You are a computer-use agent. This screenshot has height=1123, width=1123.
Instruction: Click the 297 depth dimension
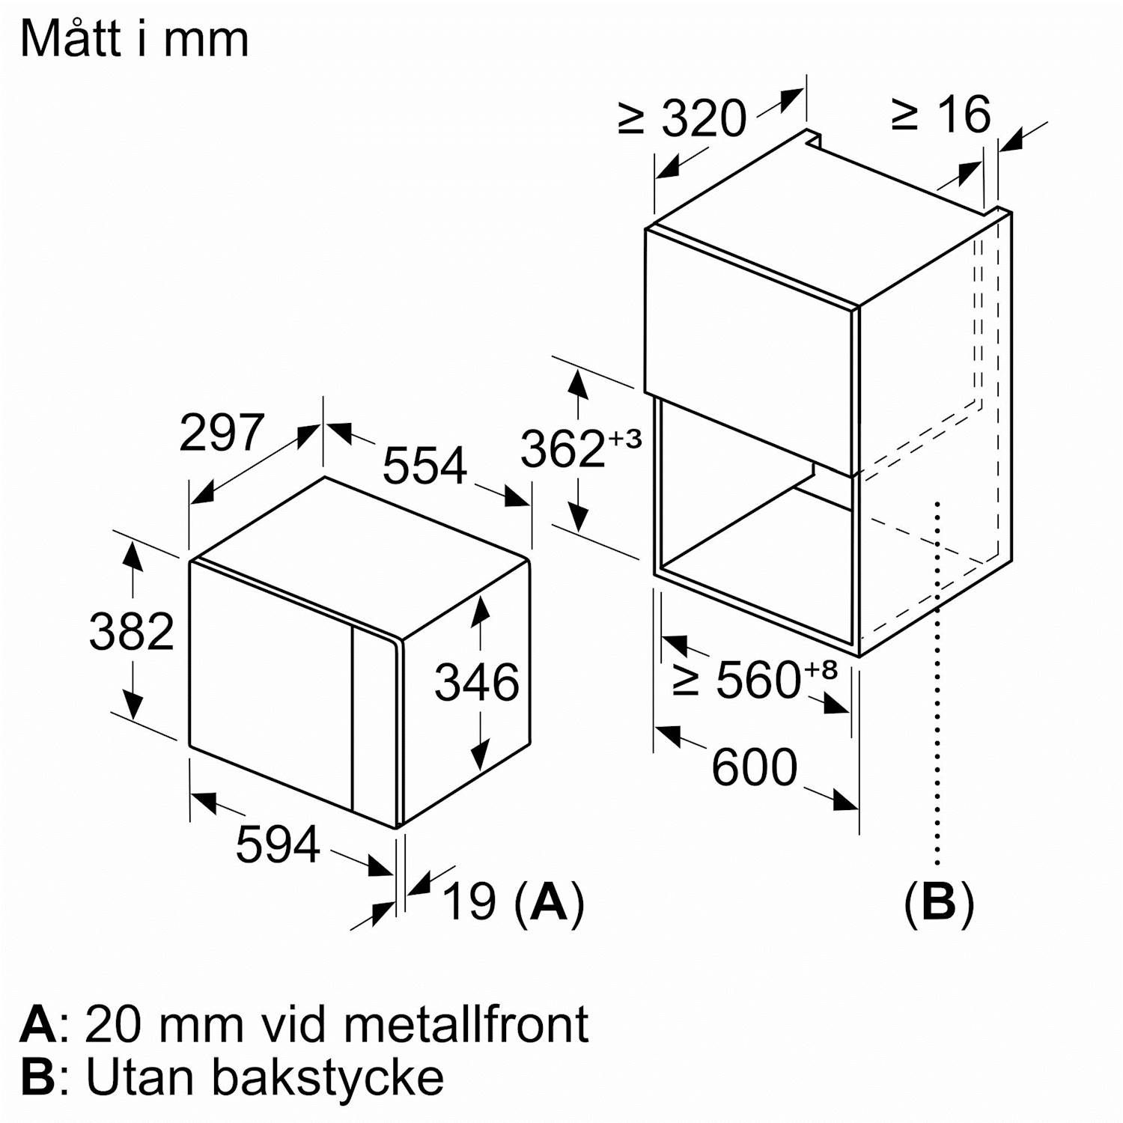click(222, 433)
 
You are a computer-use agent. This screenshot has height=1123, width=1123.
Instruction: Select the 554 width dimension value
click(424, 465)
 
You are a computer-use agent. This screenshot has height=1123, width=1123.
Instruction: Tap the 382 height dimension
click(131, 631)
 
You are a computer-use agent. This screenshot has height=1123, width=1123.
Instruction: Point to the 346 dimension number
click(477, 682)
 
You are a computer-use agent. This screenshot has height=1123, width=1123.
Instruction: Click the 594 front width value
click(278, 844)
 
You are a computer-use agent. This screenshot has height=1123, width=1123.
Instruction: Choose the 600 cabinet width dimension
click(754, 767)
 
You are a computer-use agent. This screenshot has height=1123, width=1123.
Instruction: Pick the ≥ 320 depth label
click(683, 118)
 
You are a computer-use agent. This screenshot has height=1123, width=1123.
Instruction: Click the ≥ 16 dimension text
click(941, 115)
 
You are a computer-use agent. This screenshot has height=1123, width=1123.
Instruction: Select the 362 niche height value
click(562, 449)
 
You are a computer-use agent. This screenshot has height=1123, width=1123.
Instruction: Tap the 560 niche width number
click(758, 680)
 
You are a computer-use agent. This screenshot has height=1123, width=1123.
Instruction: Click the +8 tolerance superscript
click(821, 668)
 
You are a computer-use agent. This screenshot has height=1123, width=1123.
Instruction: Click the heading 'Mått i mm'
click(135, 39)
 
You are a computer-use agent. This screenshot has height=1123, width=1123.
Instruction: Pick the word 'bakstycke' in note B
click(328, 1077)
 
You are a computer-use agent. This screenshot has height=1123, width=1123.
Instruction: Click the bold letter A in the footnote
click(38, 1024)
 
